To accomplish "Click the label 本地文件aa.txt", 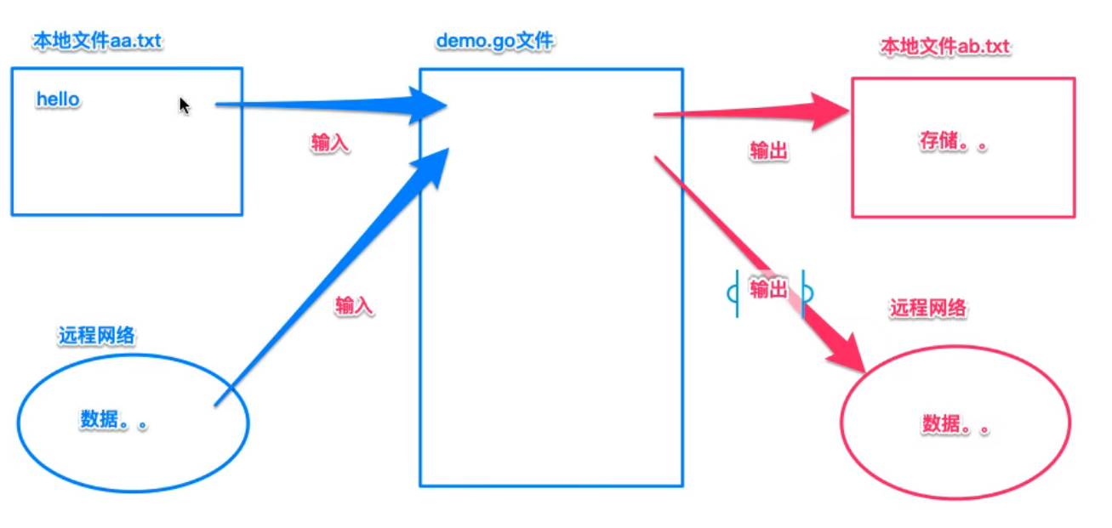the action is click(96, 41).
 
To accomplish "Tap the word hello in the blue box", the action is click(58, 99).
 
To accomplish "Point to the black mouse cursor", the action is click(184, 105).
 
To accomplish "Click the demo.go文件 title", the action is click(493, 41).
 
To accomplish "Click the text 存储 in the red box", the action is click(939, 141).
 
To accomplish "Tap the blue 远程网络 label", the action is click(96, 335).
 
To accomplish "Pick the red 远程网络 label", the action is click(927, 308).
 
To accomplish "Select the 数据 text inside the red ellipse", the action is click(942, 423).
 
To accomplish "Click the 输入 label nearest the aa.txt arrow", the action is click(329, 143).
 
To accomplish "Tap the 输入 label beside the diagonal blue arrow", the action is click(354, 305).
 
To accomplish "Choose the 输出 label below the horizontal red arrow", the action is click(768, 150).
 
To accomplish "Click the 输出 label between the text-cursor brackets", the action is click(768, 289).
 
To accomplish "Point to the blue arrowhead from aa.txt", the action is click(430, 105).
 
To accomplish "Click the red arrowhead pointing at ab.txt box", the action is click(829, 111).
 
